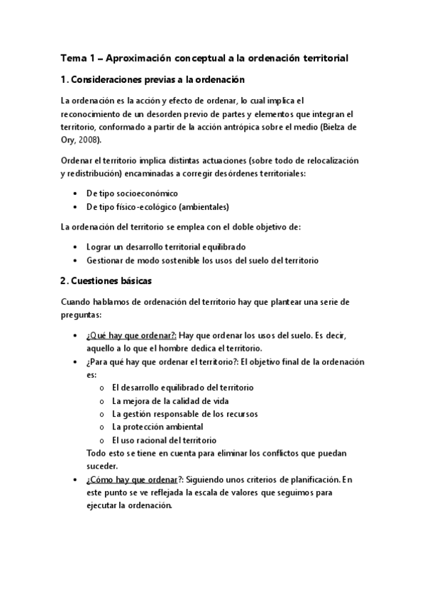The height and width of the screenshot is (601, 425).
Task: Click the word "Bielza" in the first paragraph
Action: click(336, 127)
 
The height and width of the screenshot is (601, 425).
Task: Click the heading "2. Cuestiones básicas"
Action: click(106, 281)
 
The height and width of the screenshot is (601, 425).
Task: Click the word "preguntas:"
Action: click(82, 315)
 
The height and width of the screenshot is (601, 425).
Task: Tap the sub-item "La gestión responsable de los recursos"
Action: click(185, 414)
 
